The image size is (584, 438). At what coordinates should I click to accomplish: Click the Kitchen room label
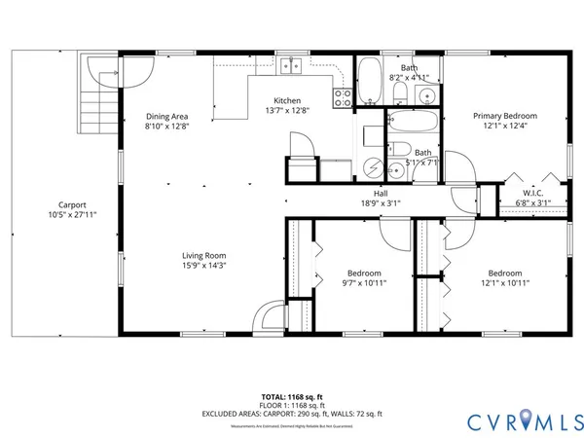click(x=286, y=101)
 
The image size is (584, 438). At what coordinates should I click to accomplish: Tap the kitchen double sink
click(x=288, y=67)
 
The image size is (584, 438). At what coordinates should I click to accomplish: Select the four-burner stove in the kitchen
click(x=343, y=95)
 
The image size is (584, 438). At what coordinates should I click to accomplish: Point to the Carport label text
click(x=73, y=204)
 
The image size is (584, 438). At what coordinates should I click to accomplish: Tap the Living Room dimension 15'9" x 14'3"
click(x=199, y=266)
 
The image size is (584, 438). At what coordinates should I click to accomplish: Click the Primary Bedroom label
click(x=504, y=115)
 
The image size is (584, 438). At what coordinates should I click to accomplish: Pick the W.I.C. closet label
click(x=532, y=193)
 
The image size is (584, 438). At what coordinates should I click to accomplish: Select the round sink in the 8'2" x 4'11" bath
click(x=426, y=95)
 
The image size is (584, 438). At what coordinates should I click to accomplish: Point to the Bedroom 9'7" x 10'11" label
click(x=363, y=274)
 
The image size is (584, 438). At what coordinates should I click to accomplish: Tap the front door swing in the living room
click(x=270, y=317)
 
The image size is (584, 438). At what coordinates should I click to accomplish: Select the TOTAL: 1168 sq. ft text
click(x=292, y=397)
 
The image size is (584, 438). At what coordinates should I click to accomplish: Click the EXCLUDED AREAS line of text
click(x=292, y=415)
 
